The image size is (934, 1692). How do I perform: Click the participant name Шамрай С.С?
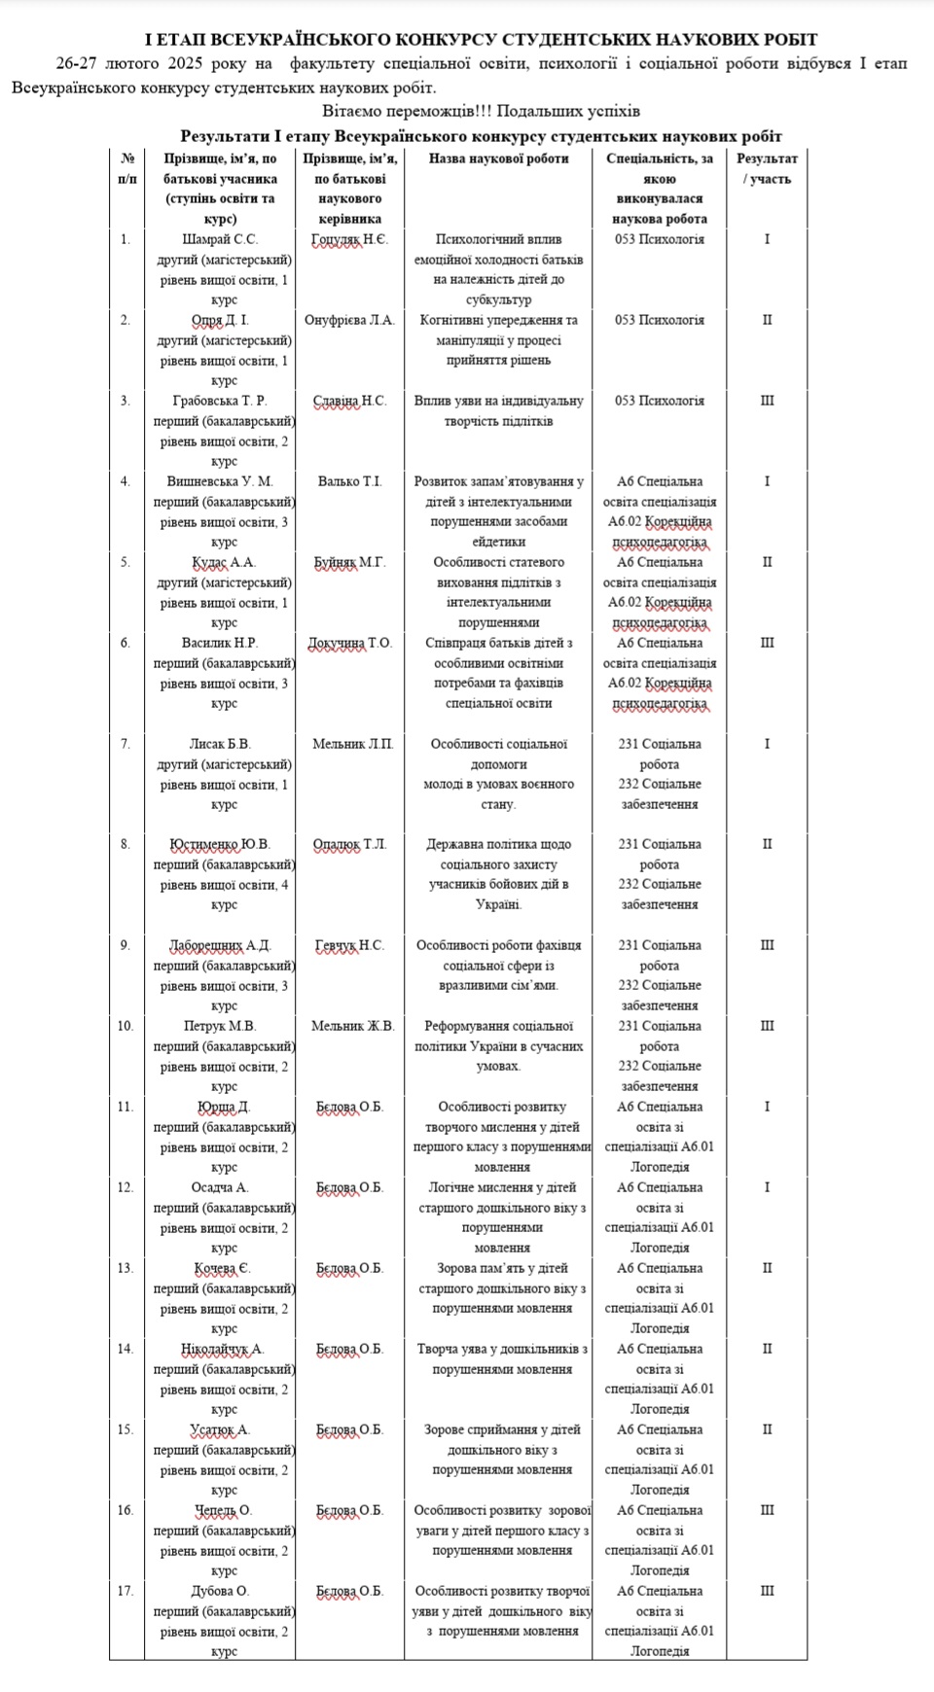pos(224,239)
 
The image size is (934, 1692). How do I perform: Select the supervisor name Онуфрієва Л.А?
pos(349,320)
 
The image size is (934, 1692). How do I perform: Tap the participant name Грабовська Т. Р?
pos(224,401)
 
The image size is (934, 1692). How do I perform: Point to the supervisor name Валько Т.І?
pos(349,481)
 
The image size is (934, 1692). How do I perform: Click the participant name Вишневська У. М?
pos(224,481)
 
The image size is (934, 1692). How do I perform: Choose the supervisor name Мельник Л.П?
pos(352,744)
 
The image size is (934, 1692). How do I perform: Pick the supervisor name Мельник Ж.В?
pos(352,1026)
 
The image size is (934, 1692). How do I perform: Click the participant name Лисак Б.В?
pos(224,744)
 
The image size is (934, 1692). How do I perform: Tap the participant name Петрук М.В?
pos(224,1026)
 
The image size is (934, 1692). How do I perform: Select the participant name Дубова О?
pos(224,1591)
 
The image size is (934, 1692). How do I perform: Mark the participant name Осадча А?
pos(224,1187)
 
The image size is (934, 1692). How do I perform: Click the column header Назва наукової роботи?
pos(498,159)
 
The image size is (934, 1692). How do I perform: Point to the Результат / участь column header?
pos(767,168)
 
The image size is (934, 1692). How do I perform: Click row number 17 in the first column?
pos(126,1591)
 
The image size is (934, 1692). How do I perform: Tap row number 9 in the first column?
pos(126,945)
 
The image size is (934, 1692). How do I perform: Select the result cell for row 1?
pos(767,239)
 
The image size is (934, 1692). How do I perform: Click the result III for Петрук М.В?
pos(767,1026)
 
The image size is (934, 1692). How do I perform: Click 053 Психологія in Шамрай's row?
pos(659,239)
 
